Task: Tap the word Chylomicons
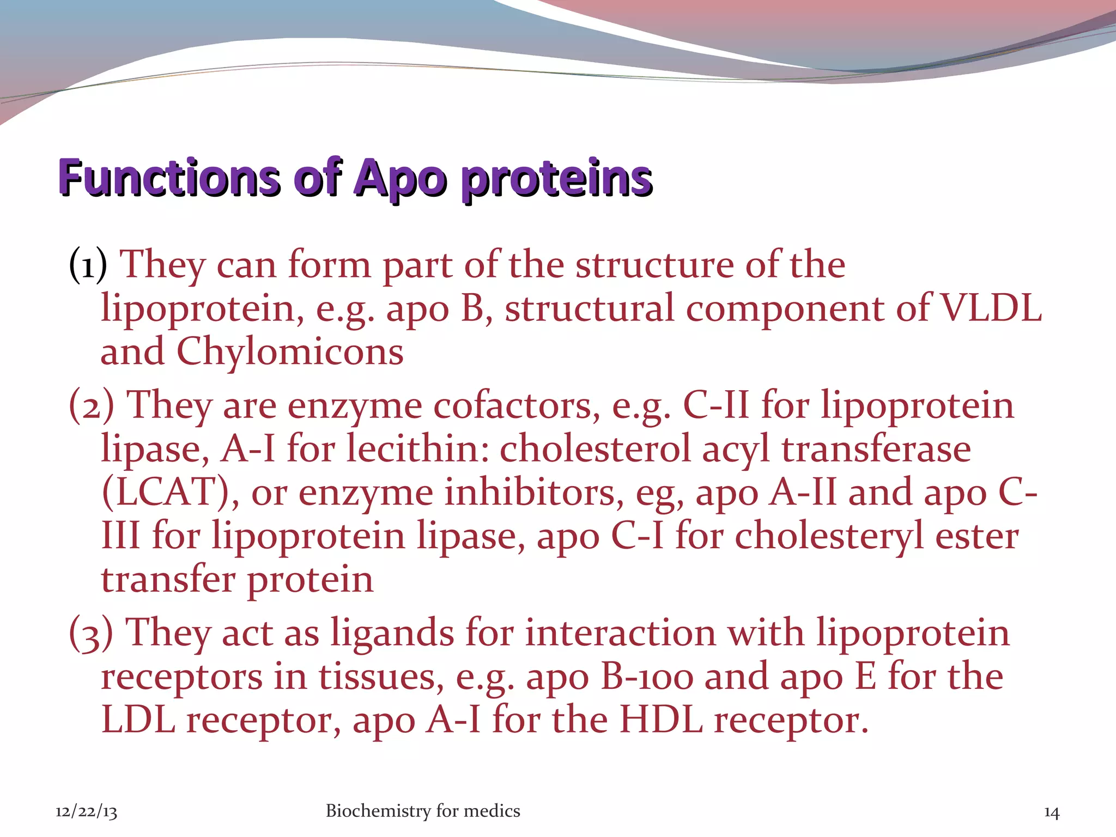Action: point(290,352)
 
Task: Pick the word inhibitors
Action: point(534,492)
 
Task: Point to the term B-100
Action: point(647,677)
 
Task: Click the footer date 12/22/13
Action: point(86,812)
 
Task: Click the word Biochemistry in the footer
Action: point(378,811)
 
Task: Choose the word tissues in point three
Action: point(381,677)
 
